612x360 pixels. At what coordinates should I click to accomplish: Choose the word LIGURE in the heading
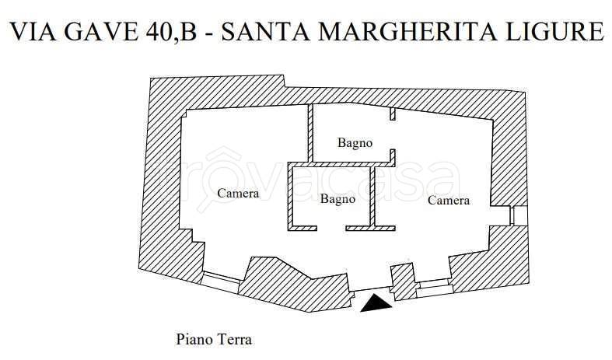coord(556,32)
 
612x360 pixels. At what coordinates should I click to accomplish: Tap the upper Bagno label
coord(355,143)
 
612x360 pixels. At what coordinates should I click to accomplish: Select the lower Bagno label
coord(337,199)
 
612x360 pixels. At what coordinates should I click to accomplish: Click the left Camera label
coord(238,194)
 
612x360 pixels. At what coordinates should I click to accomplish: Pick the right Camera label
coord(449,201)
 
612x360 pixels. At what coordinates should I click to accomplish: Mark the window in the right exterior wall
coord(519,215)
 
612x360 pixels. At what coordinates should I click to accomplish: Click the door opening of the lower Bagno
coord(332,228)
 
